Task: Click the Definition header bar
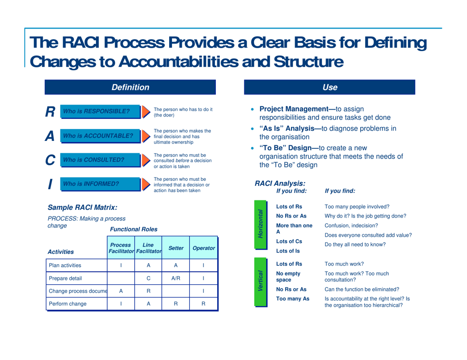130,87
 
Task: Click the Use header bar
330,87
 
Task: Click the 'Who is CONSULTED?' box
97,160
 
